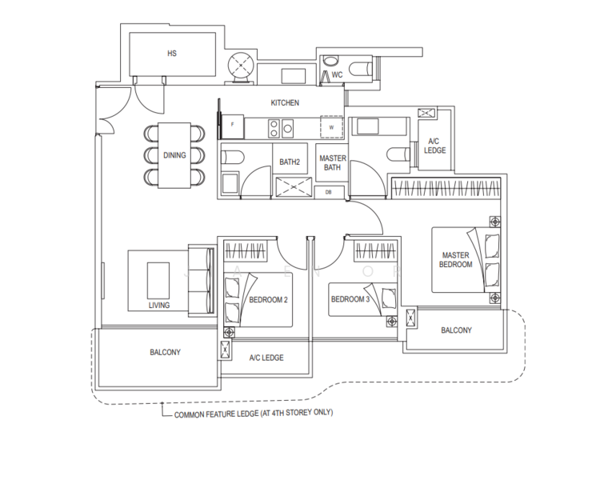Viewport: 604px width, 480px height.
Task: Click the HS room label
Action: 171,54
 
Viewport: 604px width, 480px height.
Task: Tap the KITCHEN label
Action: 285,103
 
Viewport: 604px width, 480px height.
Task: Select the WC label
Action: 337,75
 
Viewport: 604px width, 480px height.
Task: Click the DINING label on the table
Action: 174,155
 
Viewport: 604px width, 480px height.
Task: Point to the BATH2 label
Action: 289,162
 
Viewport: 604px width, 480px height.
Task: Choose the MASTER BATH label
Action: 332,163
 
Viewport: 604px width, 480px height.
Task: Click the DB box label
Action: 329,192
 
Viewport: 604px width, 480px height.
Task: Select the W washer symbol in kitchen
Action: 330,127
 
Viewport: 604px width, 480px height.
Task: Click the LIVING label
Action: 158,305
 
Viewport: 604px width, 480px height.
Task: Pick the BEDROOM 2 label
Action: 269,299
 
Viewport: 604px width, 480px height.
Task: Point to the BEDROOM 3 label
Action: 350,299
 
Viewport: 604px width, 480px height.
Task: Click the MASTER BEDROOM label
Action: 457,260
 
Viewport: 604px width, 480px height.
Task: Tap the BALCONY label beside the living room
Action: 165,352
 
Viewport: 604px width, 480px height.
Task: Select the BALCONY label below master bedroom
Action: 456,330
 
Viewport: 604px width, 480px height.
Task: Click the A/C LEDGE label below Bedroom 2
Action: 266,358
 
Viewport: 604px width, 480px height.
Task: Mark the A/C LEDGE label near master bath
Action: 435,145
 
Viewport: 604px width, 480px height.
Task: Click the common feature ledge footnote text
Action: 253,414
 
